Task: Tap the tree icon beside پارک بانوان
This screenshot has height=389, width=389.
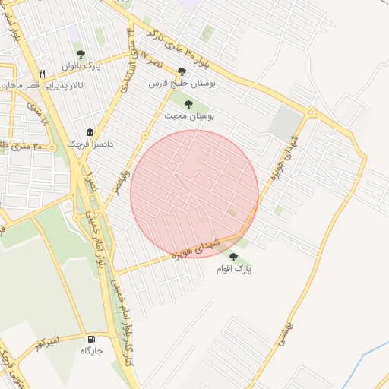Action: pyautogui.click(x=81, y=53)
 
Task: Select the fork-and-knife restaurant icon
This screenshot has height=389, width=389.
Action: pyautogui.click(x=43, y=74)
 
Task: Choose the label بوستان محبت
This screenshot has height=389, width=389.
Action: pyautogui.click(x=194, y=115)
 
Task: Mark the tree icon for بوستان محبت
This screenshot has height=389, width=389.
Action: pyautogui.click(x=188, y=104)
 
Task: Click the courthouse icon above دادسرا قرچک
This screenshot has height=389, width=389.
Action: pyautogui.click(x=90, y=131)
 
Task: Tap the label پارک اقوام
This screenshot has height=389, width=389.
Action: pyautogui.click(x=232, y=269)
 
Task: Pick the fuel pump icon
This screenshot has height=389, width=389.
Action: pyautogui.click(x=92, y=339)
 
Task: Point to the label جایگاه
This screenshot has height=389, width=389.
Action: pyautogui.click(x=92, y=351)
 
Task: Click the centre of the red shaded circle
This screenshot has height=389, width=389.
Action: pyautogui.click(x=194, y=194)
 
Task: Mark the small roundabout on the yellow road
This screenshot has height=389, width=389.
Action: pyautogui.click(x=309, y=112)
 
